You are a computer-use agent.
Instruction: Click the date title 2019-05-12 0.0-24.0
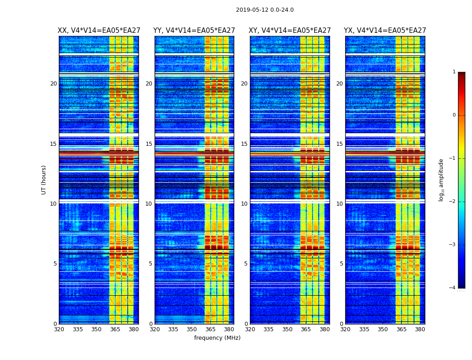[265, 10]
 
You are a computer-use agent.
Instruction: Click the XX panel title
[99, 31]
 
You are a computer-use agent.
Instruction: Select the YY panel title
[194, 31]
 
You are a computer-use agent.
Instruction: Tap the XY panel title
[290, 31]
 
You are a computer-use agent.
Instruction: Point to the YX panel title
[385, 31]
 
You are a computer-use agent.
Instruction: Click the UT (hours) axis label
[44, 180]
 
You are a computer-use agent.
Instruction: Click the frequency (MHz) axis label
[217, 338]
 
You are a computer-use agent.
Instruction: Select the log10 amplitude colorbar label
[441, 180]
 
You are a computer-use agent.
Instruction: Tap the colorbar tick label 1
[454, 72]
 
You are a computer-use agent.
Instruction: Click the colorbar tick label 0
[454, 115]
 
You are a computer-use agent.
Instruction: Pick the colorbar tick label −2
[453, 202]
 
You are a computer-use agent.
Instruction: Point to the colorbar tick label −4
[453, 288]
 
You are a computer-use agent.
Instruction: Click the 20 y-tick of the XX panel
[53, 84]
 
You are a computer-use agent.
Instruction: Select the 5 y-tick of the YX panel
[341, 264]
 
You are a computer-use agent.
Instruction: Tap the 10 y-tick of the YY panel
[149, 204]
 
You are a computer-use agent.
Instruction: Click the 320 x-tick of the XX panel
[59, 329]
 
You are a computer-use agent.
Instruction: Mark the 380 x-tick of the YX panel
[420, 329]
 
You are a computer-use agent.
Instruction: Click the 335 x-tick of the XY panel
[269, 329]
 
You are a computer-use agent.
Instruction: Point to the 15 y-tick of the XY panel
[244, 144]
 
